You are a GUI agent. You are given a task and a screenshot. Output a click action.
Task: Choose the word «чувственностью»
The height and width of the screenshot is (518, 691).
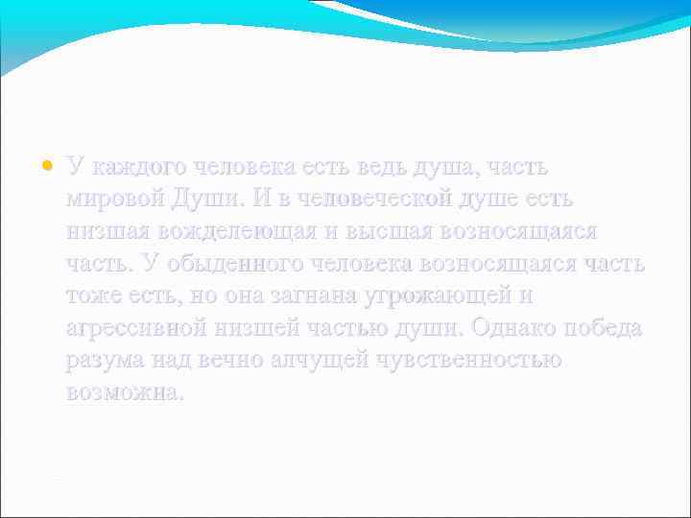[469, 361]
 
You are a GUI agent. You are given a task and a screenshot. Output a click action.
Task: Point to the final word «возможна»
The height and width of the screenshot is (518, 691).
[124, 393]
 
